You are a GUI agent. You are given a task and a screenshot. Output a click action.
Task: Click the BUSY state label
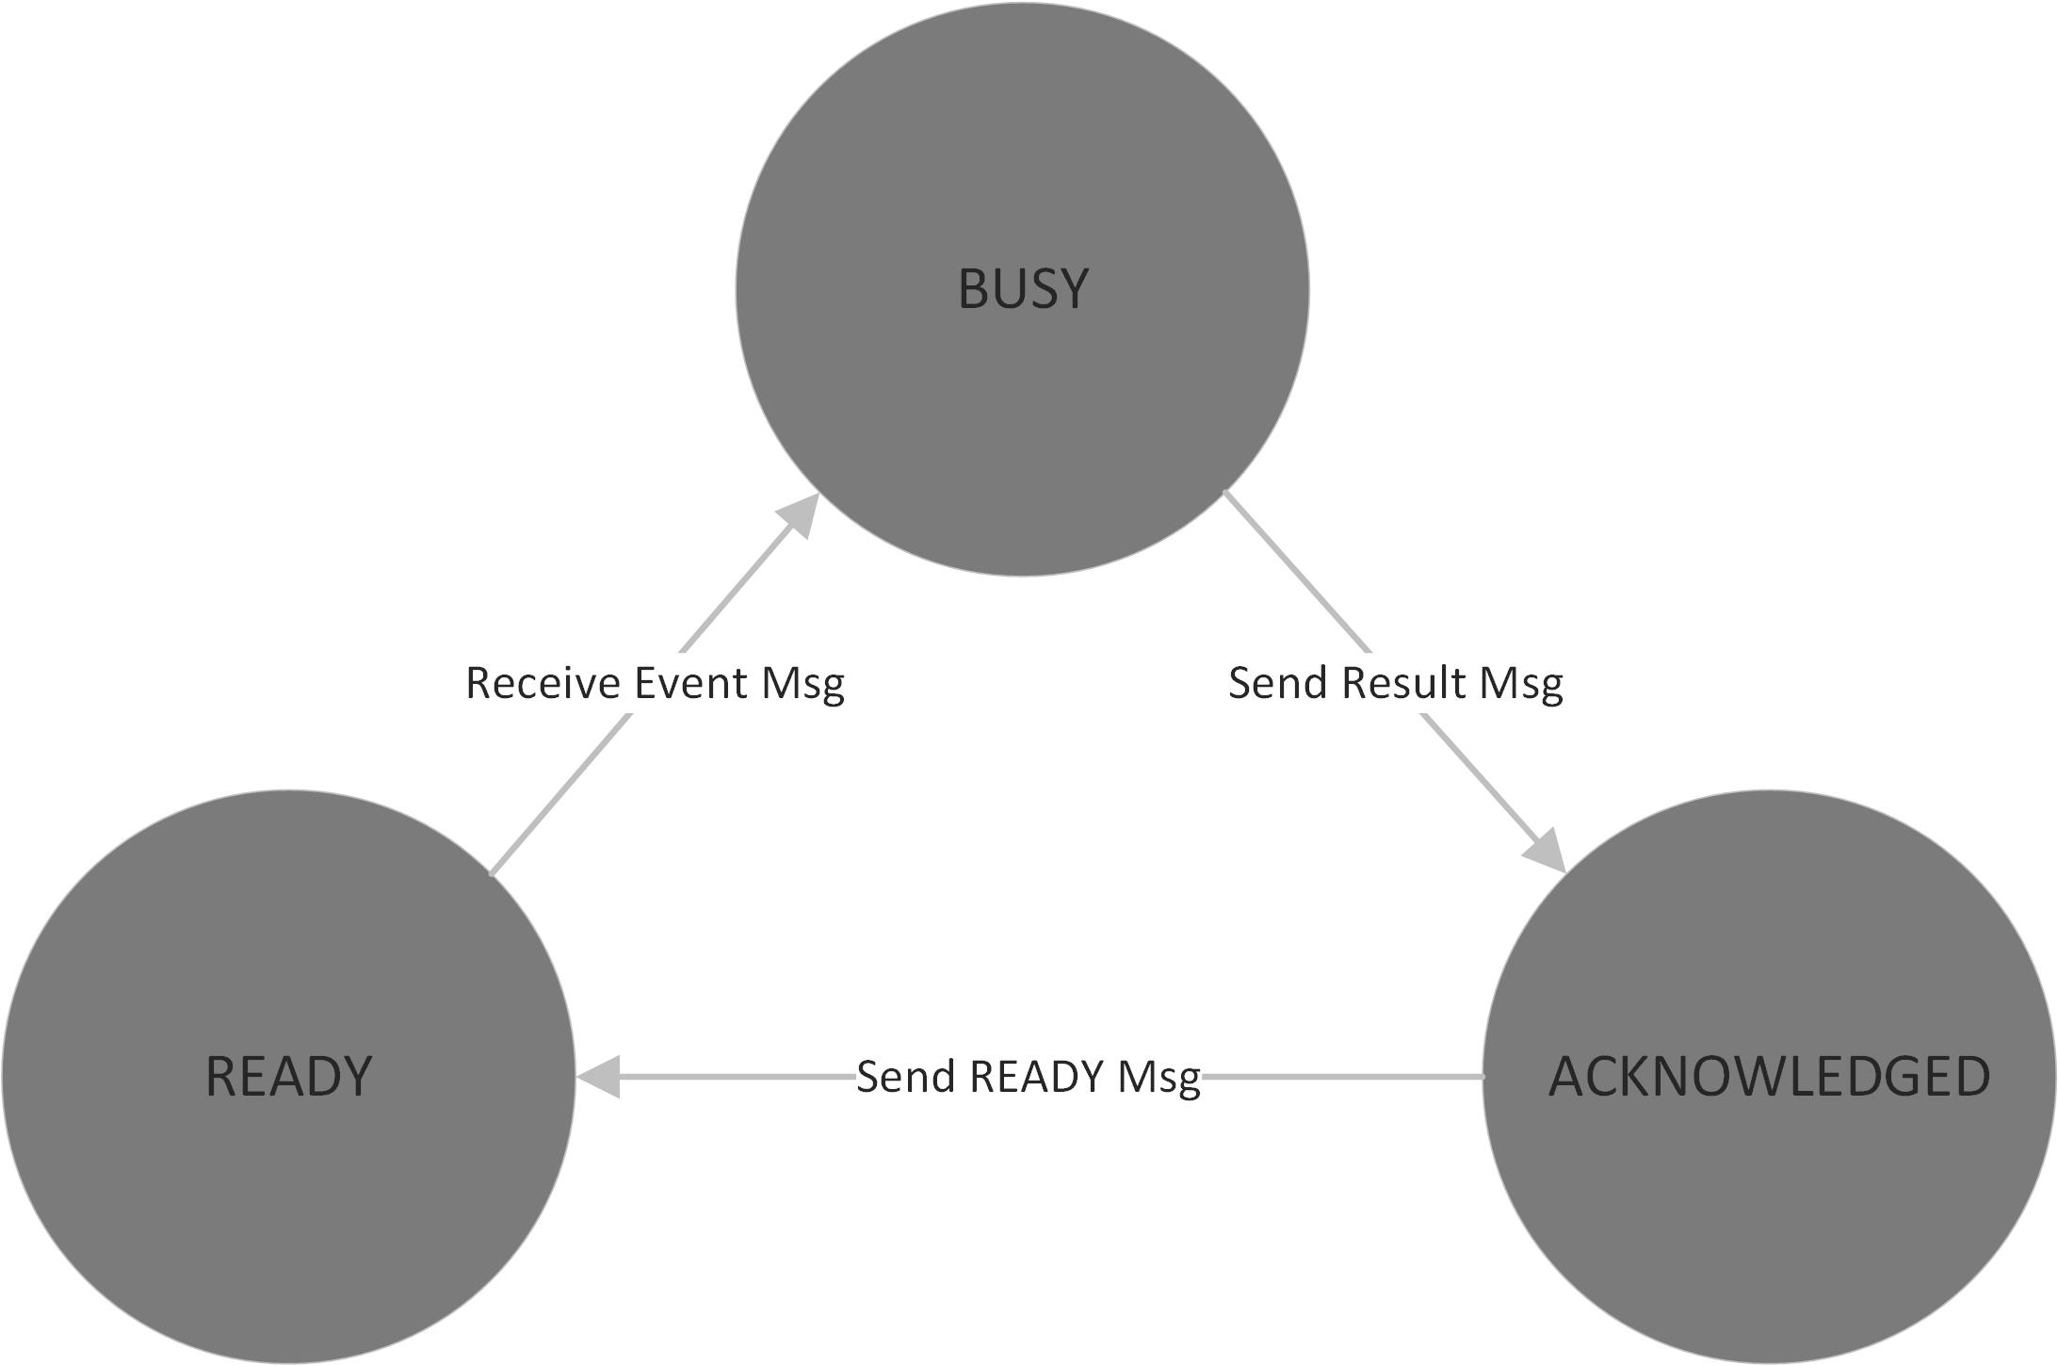[x=1023, y=288]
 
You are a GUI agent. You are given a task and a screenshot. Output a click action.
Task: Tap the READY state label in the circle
[x=288, y=1076]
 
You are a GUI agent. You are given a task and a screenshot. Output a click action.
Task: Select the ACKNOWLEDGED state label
[x=1769, y=1076]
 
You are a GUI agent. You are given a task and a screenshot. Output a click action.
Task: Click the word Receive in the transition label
[x=543, y=683]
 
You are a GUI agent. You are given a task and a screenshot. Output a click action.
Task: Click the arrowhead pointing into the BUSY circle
[x=799, y=514]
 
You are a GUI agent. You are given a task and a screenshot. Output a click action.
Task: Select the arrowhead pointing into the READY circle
[x=597, y=1077]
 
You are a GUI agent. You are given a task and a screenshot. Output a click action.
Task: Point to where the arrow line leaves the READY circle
[x=492, y=874]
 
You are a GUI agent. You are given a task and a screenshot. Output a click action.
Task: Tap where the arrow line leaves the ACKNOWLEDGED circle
[x=1483, y=1076]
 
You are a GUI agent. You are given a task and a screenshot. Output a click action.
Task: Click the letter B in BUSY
[x=972, y=288]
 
